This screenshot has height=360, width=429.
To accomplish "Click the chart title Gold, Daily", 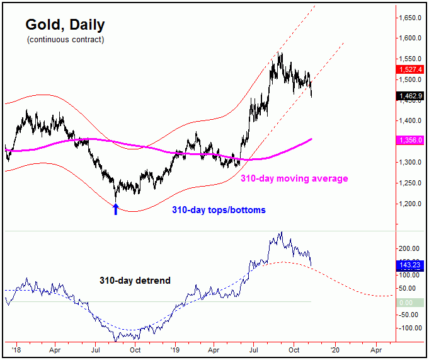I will (65, 25).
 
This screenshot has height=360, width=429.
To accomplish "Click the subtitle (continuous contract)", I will (66, 40).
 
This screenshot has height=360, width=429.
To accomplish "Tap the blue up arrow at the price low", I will (115, 209).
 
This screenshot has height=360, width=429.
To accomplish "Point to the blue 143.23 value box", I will (409, 264).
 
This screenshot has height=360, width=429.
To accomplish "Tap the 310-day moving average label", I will (294, 179).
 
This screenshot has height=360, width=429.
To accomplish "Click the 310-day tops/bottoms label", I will (219, 210).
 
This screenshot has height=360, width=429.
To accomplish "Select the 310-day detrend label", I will (134, 280).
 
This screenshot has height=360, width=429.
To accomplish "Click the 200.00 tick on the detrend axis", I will (409, 248).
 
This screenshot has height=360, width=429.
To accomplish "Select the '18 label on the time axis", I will (14, 348).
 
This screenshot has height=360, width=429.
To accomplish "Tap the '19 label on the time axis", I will (174, 348).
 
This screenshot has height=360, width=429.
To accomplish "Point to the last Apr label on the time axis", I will (376, 348).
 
